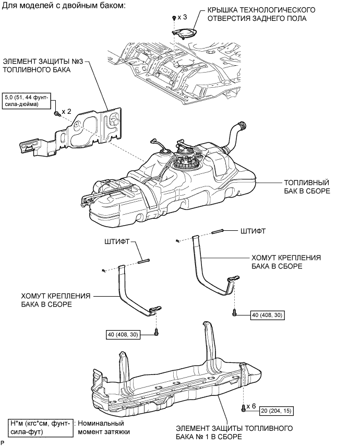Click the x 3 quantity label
[181, 18]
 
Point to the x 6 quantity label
[253, 405]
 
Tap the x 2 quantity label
[66, 112]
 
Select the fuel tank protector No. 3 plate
[89, 131]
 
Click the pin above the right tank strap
[217, 231]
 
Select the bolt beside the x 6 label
[243, 407]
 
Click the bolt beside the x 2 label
[56, 113]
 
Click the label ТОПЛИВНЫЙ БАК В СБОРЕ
[306, 187]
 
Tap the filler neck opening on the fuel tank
[241, 125]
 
